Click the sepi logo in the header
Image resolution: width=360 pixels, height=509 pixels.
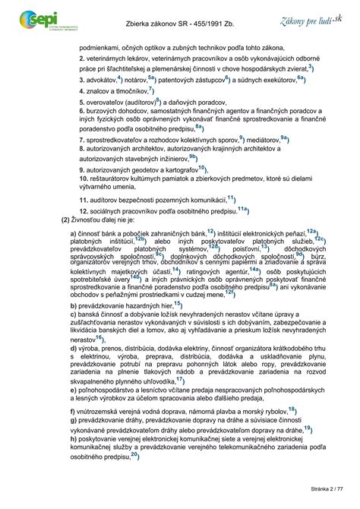click(34, 17)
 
